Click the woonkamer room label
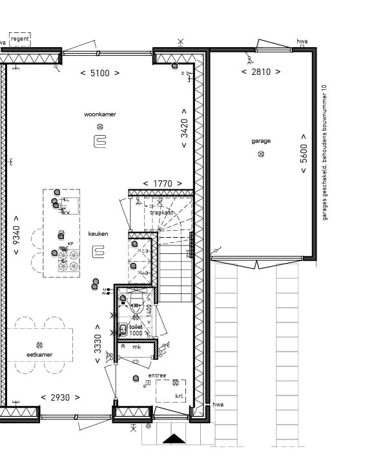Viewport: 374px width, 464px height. [100, 114]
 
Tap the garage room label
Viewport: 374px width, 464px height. [261, 141]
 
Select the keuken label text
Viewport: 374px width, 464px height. [98, 234]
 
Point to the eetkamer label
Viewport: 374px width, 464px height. [39, 355]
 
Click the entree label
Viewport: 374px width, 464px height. [157, 375]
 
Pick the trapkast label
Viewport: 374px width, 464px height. [161, 212]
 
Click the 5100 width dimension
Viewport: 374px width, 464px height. [99, 73]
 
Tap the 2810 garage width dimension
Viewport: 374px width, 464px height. [260, 72]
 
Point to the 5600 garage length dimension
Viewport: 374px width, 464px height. [304, 154]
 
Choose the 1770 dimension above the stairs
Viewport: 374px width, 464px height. [161, 184]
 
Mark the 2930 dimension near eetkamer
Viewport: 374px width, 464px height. [60, 397]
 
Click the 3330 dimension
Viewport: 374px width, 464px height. [98, 343]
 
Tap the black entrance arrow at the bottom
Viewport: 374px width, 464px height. [174, 439]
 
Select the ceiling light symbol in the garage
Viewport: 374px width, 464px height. [261, 154]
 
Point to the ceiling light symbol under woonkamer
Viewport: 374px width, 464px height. [100, 127]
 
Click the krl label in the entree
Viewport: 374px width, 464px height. [179, 396]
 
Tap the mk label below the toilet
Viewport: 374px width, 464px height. [136, 348]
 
